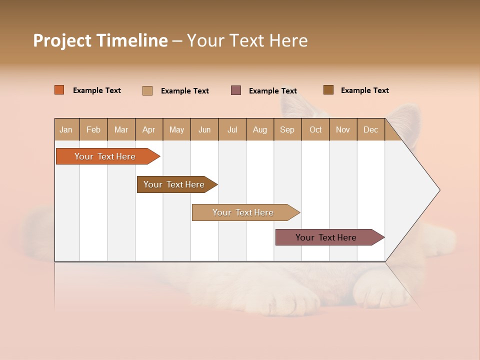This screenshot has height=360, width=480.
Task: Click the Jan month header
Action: point(66,129)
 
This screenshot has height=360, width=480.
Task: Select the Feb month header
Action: point(93,129)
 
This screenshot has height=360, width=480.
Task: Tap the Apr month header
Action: point(148,129)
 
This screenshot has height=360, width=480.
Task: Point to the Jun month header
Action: point(204,129)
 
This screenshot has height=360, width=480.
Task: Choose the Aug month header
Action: point(260,129)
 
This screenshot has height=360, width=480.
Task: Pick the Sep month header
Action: point(287,129)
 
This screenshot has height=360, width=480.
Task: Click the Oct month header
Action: point(315,129)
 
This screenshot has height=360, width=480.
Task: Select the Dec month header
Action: point(370,129)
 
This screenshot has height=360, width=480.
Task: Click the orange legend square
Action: point(59,90)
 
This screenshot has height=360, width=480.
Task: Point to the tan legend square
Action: point(147,90)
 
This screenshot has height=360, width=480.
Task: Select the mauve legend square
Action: point(236,90)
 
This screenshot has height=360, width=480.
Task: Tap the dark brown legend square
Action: point(328,90)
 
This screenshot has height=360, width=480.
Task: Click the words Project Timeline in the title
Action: point(100,40)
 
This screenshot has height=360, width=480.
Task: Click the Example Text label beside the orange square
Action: point(97,90)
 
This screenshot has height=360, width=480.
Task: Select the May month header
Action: point(176,129)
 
